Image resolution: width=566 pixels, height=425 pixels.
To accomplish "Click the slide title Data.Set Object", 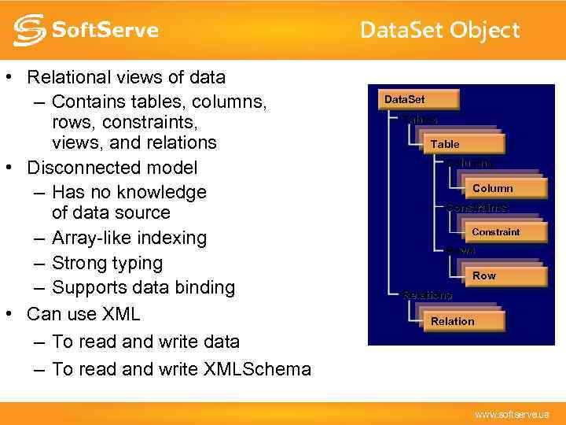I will click(439, 30).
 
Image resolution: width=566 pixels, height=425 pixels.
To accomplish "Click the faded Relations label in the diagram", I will click(428, 295).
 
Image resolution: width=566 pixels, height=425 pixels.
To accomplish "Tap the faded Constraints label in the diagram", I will click(476, 208).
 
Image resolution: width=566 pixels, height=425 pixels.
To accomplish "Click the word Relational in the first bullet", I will click(68, 77).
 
